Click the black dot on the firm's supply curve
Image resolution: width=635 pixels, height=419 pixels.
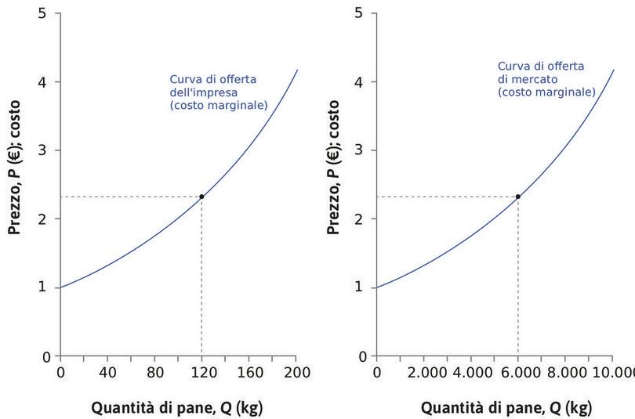(x=201, y=197)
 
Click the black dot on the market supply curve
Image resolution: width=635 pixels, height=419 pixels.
(x=518, y=197)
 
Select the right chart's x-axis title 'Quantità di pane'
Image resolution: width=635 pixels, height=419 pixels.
(x=506, y=408)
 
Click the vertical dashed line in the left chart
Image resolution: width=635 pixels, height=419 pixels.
(x=201, y=282)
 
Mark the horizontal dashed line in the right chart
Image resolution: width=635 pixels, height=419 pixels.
(x=447, y=197)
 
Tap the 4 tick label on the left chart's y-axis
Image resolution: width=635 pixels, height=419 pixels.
(x=44, y=81)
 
